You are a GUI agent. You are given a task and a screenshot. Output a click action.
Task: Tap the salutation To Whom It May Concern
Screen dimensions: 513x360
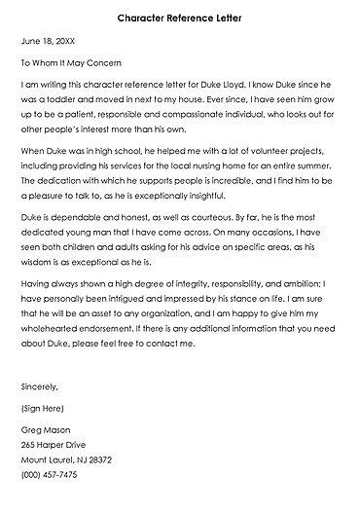click(73, 63)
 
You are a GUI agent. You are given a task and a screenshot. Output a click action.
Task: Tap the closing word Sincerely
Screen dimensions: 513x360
click(40, 385)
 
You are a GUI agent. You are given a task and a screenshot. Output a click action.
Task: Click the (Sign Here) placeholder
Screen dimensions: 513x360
click(45, 408)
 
